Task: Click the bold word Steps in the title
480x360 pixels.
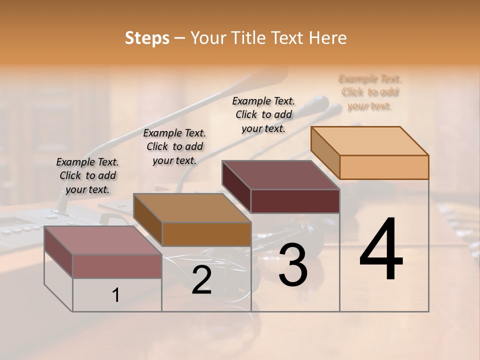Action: pyautogui.click(x=147, y=38)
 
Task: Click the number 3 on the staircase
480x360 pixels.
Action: pyautogui.click(x=292, y=265)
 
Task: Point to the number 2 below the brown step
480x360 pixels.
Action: pyautogui.click(x=201, y=280)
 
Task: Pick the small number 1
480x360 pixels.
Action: pyautogui.click(x=115, y=295)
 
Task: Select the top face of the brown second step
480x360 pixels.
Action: pyautogui.click(x=192, y=207)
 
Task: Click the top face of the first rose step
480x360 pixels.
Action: pyautogui.click(x=103, y=240)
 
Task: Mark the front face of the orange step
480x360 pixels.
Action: pyautogui.click(x=384, y=167)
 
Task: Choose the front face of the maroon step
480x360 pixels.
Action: pyautogui.click(x=295, y=201)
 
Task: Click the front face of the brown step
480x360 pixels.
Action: pyautogui.click(x=206, y=234)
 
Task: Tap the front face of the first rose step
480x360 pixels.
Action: pyautogui.click(x=117, y=266)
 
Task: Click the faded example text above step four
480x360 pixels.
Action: pyautogui.click(x=370, y=92)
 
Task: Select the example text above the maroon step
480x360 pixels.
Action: pyautogui.click(x=263, y=114)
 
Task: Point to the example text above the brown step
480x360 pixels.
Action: pyautogui.click(x=174, y=146)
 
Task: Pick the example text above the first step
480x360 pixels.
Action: pyautogui.click(x=87, y=175)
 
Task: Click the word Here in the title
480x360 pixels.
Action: pyautogui.click(x=328, y=38)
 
